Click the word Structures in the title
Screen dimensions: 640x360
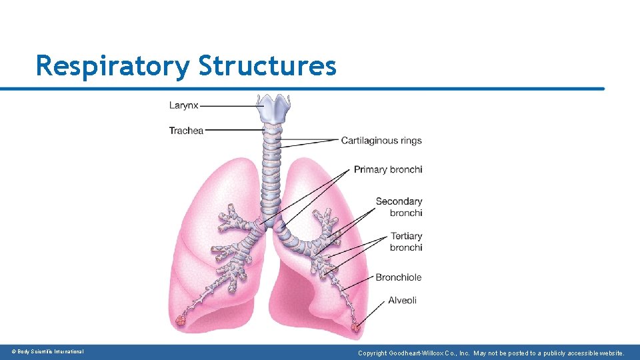(267, 66)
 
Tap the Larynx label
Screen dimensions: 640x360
(183, 105)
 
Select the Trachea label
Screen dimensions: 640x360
(186, 131)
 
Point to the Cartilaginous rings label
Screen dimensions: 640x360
(381, 141)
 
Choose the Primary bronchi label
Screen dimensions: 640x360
(388, 169)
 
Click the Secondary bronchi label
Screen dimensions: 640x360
(399, 207)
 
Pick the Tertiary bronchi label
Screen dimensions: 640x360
(406, 241)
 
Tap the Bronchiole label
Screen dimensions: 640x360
(399, 277)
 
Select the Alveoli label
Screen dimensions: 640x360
(403, 301)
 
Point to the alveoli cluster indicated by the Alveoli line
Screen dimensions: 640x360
(356, 327)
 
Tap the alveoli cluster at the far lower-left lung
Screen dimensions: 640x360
(181, 321)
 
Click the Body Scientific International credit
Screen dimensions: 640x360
(47, 352)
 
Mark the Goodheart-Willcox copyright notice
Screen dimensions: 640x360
(491, 353)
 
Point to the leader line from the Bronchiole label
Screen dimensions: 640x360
(360, 283)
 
